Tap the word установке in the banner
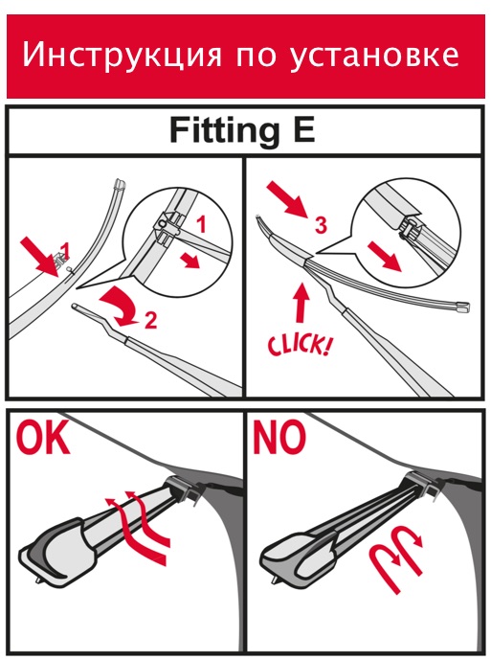click(374, 56)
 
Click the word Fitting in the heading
click(225, 131)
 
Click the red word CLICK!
click(299, 344)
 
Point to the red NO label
click(279, 438)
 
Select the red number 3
click(321, 225)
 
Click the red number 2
click(150, 320)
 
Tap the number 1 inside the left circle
click(202, 224)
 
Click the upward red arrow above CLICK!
click(301, 303)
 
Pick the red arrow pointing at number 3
click(288, 198)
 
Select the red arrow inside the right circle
click(385, 256)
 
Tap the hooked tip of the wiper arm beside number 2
click(76, 306)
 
